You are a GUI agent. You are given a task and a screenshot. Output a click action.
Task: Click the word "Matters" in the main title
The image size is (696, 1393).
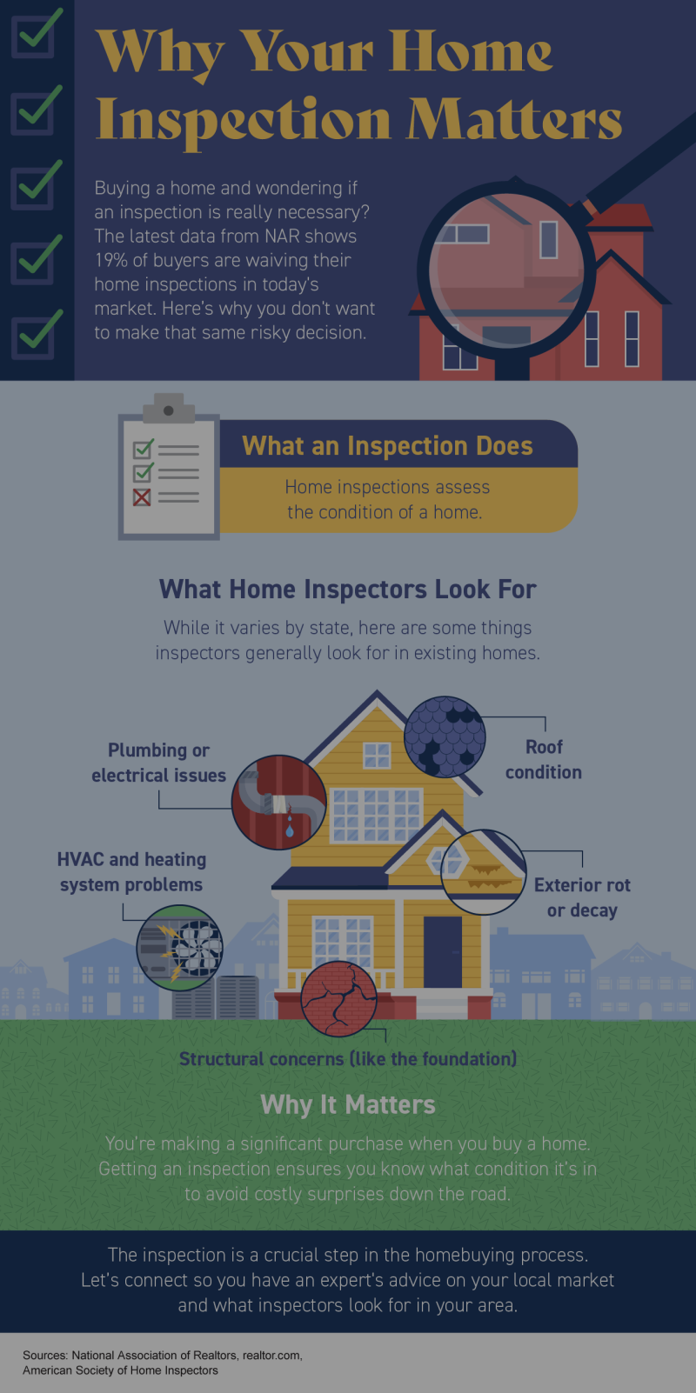[x=514, y=119]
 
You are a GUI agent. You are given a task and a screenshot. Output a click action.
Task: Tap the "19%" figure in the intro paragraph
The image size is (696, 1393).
[x=111, y=260]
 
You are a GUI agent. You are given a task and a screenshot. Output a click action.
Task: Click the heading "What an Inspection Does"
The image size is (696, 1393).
[x=387, y=446]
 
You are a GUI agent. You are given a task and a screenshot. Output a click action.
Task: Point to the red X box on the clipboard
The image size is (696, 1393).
[x=142, y=497]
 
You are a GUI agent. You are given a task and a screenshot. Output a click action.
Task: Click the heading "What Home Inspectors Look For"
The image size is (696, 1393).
[x=348, y=590]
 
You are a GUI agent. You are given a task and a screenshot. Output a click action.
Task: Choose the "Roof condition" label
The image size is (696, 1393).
[x=544, y=759]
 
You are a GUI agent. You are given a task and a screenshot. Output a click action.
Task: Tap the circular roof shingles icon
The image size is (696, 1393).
[x=445, y=736]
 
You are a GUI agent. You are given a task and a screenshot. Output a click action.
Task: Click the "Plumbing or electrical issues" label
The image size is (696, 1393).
[x=158, y=763]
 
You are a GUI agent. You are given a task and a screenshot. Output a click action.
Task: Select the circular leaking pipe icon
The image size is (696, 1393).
[x=278, y=802]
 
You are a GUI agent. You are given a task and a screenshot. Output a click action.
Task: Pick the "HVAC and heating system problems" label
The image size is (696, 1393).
[x=131, y=871]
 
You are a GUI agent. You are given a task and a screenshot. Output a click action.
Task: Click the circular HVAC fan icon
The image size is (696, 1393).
[x=180, y=948]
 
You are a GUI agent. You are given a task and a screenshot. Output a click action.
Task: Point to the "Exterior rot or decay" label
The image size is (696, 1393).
[x=582, y=897]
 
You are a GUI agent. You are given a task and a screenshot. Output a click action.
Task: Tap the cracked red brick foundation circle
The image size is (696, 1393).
[x=338, y=998]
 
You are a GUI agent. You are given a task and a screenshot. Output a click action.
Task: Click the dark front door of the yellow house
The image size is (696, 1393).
[x=443, y=951]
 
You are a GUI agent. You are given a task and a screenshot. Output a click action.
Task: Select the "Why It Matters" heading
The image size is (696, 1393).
[x=348, y=1104]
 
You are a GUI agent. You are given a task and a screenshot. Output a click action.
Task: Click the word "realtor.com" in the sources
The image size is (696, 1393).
[x=272, y=1355]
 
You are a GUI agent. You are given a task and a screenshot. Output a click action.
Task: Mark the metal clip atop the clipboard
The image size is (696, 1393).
[x=168, y=407]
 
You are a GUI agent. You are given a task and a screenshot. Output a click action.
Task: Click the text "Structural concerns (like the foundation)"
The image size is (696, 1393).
[x=348, y=1059]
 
